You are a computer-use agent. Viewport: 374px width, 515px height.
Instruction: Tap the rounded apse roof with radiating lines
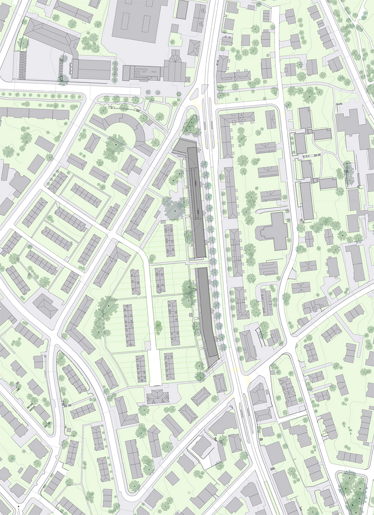coord(175,58)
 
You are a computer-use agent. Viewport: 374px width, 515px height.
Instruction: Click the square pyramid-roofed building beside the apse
coord(194,48)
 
